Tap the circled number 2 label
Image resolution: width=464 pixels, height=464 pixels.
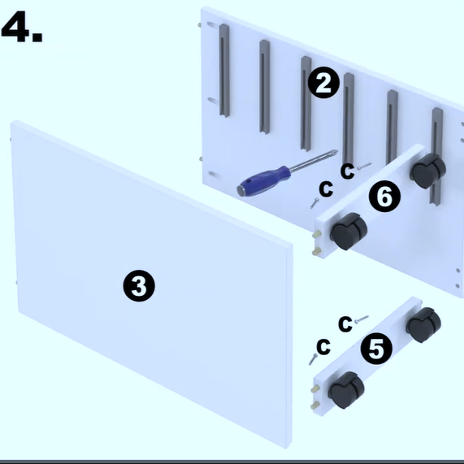click(x=323, y=83)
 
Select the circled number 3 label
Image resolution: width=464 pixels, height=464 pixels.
click(x=139, y=285)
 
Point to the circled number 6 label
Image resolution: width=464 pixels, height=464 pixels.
click(x=384, y=197)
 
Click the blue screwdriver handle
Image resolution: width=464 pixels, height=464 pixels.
click(x=264, y=181)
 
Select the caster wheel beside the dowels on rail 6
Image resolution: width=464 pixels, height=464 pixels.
click(x=349, y=232)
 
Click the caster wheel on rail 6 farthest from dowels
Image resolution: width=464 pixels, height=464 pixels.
click(x=428, y=171)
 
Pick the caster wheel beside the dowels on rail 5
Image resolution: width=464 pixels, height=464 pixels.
click(x=346, y=390)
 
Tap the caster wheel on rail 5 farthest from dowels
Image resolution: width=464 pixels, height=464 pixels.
click(x=423, y=324)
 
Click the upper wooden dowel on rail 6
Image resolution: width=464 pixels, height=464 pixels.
click(x=316, y=235)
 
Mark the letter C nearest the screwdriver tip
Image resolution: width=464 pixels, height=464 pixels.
click(x=347, y=171)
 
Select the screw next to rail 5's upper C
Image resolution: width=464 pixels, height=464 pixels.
click(x=362, y=319)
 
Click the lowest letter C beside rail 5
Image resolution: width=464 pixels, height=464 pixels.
click(x=323, y=346)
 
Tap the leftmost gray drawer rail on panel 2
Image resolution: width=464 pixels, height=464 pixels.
click(x=224, y=71)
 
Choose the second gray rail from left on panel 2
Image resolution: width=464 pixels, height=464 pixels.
click(x=265, y=87)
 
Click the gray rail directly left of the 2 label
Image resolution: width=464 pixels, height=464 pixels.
click(x=306, y=103)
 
